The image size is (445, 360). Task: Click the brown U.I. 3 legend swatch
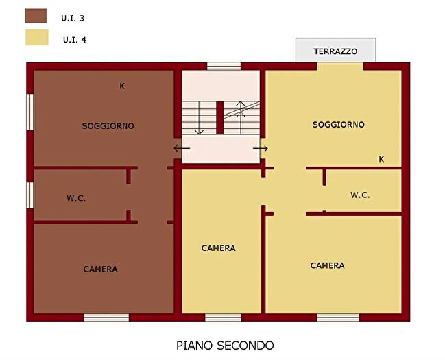(35, 16)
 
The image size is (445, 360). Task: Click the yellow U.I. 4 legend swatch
(35, 37)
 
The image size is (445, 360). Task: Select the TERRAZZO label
(335, 51)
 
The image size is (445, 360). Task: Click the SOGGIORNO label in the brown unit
(108, 126)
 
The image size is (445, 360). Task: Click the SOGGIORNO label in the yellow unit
(338, 125)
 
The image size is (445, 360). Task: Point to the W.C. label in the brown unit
(76, 198)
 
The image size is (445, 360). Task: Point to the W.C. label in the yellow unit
(360, 195)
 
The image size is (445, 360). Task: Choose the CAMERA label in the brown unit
(100, 269)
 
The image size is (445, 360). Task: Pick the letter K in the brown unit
(122, 86)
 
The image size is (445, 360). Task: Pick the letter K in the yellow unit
(381, 159)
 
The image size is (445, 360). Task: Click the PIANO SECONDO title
(225, 345)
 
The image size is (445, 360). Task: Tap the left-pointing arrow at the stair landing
(182, 148)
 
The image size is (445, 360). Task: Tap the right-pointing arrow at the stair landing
(260, 148)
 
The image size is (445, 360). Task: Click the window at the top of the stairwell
(224, 67)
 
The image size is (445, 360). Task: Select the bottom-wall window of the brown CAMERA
(106, 317)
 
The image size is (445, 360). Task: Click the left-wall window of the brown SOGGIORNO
(30, 110)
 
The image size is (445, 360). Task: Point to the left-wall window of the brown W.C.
(30, 195)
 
